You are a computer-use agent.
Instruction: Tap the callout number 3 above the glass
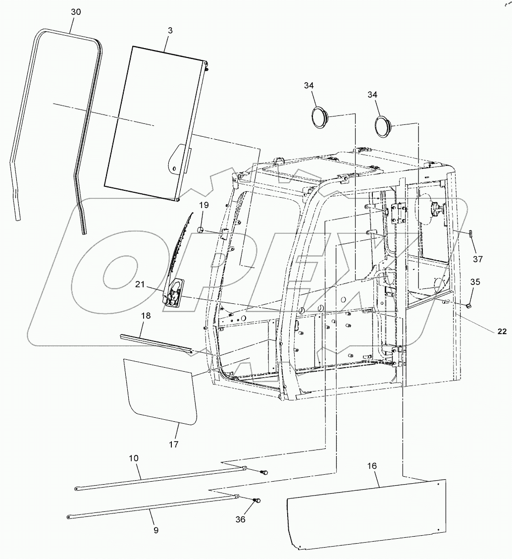(170, 31)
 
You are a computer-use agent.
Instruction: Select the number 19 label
(204, 205)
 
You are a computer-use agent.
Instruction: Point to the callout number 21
(141, 284)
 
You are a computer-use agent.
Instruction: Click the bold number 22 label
(502, 332)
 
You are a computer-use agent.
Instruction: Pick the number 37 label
(477, 259)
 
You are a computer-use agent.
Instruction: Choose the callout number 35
(475, 282)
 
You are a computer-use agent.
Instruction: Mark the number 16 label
(372, 466)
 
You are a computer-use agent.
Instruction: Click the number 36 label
(240, 519)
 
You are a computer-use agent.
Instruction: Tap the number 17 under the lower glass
(173, 444)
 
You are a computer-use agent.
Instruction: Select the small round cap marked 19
(202, 229)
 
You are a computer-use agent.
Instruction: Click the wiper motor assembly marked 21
(173, 293)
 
